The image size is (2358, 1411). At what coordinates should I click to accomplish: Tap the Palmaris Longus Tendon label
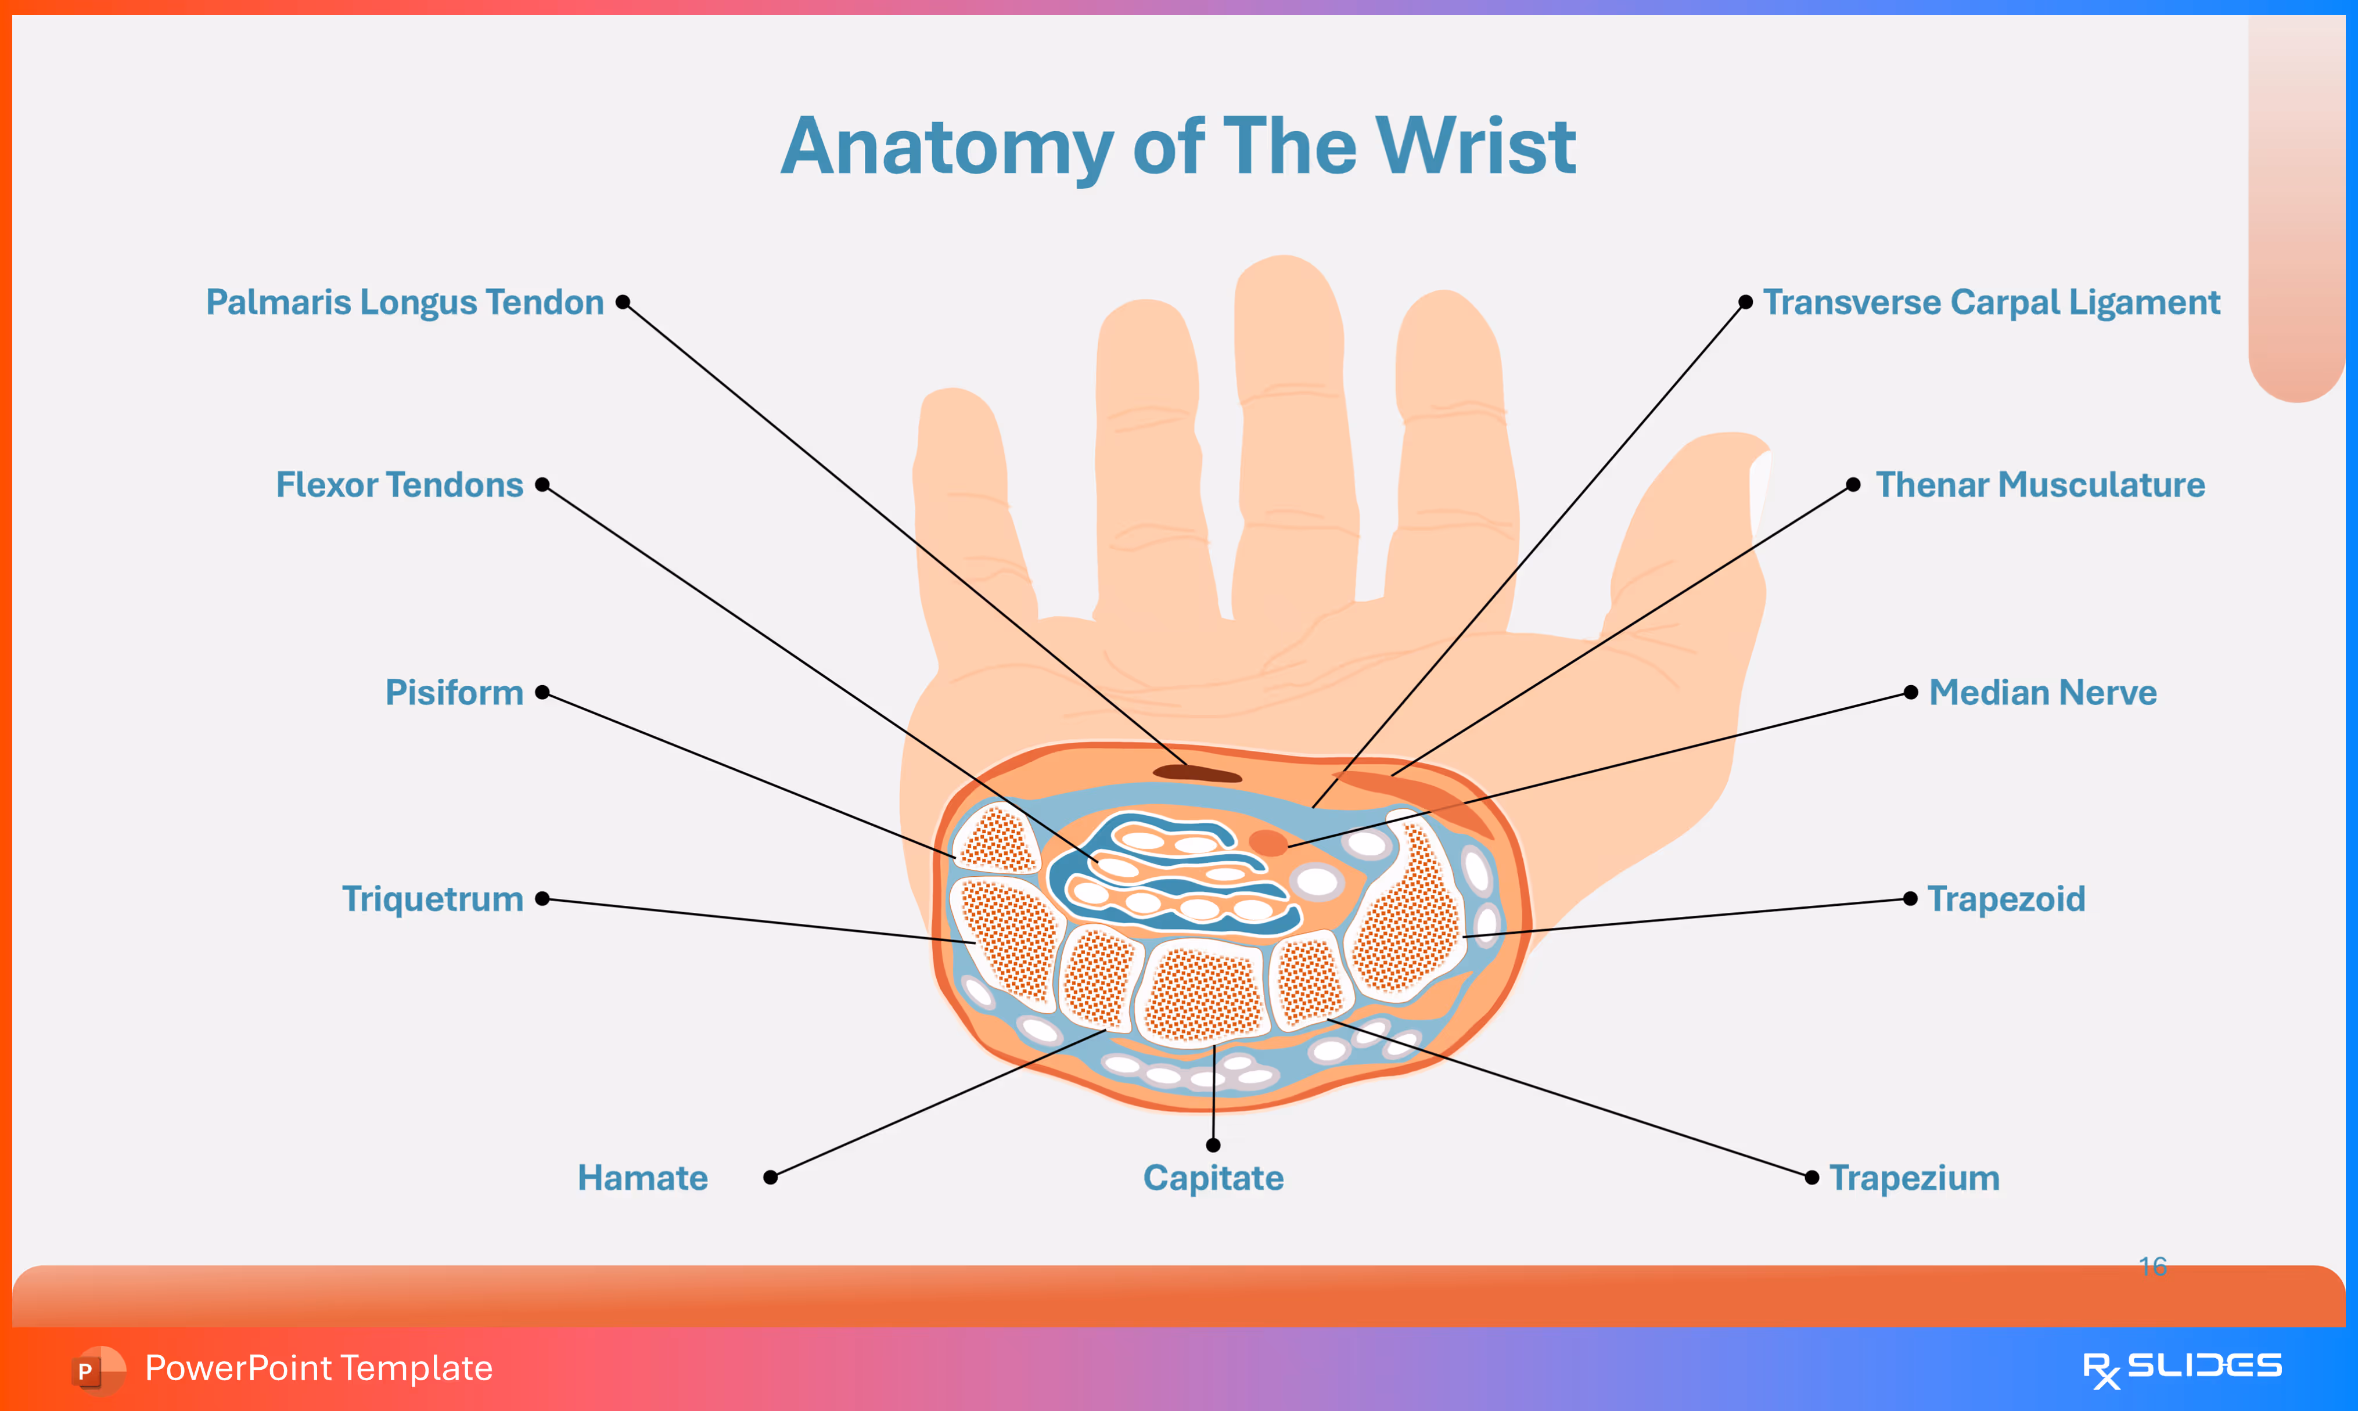[405, 303]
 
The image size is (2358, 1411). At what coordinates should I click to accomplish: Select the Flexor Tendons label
[400, 485]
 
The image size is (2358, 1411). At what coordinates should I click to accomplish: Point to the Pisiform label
[455, 692]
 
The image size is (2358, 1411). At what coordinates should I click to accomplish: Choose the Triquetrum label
[433, 898]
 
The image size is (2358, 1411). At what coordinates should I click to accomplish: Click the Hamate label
[643, 1178]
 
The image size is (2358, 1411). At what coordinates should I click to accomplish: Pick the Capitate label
[1213, 1178]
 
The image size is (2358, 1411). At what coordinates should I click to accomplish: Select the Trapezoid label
[2006, 898]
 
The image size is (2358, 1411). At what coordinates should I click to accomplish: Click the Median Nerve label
[2042, 692]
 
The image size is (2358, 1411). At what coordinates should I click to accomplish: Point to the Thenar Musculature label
[2040, 485]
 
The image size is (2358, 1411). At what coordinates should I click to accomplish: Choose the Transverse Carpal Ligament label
[1991, 303]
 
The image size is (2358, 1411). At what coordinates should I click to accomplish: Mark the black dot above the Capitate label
[1213, 1145]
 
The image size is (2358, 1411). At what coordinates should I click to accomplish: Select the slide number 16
[2152, 1266]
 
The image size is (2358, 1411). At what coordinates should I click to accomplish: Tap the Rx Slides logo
[2181, 1368]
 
